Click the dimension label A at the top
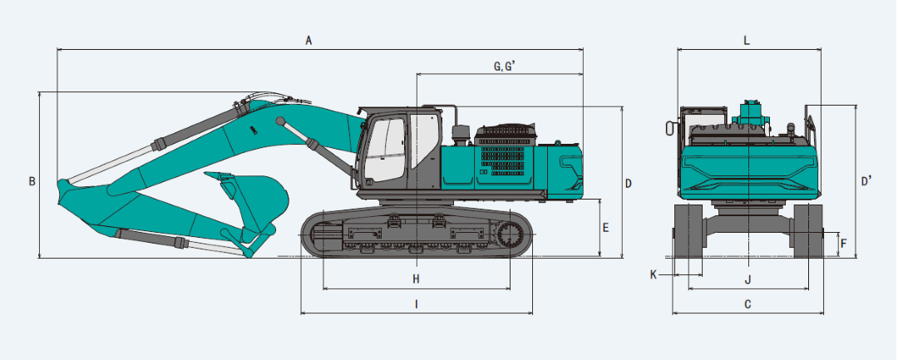click(x=308, y=40)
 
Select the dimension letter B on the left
click(x=32, y=181)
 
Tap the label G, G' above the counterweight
click(x=505, y=66)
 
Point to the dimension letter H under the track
click(x=417, y=279)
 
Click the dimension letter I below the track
click(x=417, y=304)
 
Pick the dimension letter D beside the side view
click(x=629, y=184)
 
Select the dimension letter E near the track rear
click(x=606, y=228)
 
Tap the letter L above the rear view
click(x=746, y=40)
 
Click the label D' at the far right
click(x=866, y=181)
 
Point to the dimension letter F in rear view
click(x=843, y=244)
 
